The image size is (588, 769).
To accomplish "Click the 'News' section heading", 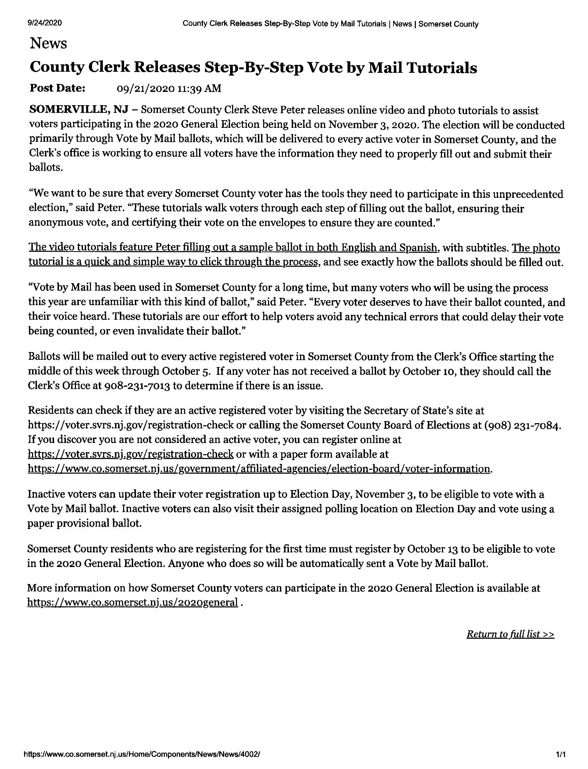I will point(48,44).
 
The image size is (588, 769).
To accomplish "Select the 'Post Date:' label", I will point(58,88).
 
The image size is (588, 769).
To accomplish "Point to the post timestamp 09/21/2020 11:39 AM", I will point(169,88).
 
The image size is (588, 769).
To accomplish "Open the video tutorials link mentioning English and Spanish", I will point(233,247).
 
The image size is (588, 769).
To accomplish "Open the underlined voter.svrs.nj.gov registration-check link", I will point(131,454).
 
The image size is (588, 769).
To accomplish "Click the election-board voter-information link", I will point(259,468).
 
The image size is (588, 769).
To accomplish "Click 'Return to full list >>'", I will point(510,634).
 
